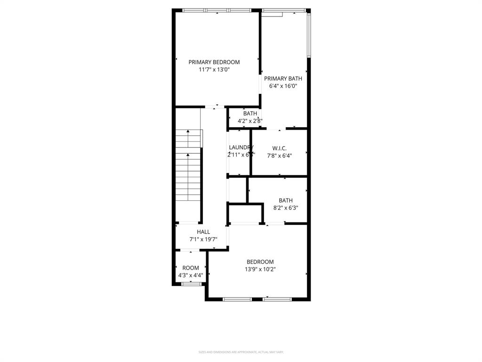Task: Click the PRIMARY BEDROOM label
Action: coord(214,62)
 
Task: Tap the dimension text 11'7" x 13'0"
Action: coord(214,70)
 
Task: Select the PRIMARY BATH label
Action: coord(283,79)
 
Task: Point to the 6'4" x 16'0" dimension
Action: coord(283,86)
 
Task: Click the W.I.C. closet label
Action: coord(279,148)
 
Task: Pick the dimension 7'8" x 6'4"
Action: coord(279,156)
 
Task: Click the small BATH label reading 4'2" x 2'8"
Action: coord(250,114)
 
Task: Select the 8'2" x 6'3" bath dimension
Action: coord(285,208)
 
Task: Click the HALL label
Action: coord(203,232)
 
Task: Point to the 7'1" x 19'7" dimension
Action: coord(203,239)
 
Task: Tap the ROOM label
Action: coord(191,268)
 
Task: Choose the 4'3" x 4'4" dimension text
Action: coord(191,275)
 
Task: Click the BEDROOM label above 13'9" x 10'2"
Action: coord(260,262)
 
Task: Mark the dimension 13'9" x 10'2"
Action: coord(260,270)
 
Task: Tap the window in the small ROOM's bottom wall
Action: coord(191,284)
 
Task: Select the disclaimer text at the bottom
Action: coord(241,352)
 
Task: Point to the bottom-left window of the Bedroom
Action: coord(237,299)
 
